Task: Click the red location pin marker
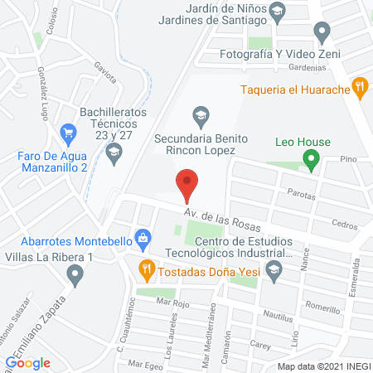coord(187,183)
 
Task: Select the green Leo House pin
coord(311,159)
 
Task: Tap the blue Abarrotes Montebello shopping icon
coord(143,239)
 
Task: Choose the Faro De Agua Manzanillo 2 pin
coord(68,131)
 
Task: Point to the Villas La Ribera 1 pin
coord(76,274)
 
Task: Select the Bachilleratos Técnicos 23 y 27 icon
coord(114,151)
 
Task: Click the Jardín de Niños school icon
coord(277,9)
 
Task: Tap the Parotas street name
coord(300,196)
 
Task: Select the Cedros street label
coord(343,225)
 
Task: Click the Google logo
coord(28,362)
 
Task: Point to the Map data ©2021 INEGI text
coord(322,366)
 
